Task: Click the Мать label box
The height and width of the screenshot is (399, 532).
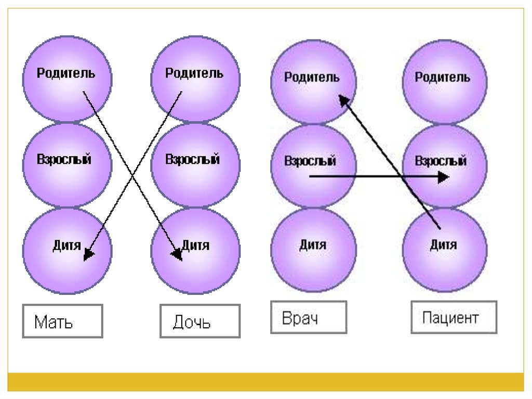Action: [62, 321]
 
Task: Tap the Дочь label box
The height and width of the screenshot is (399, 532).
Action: [200, 321]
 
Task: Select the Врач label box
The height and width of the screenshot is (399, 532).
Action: [308, 317]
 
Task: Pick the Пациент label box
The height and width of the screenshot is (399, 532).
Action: [454, 317]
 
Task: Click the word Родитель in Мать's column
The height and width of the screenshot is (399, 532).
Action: [66, 73]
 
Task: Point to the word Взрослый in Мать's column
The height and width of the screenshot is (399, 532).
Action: [64, 159]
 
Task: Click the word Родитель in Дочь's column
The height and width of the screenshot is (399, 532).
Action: [194, 73]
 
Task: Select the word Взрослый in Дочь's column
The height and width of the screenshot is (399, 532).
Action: [193, 159]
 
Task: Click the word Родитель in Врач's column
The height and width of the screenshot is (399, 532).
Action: [312, 78]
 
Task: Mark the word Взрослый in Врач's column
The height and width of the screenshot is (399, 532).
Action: [311, 161]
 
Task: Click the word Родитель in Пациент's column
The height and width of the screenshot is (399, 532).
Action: [443, 78]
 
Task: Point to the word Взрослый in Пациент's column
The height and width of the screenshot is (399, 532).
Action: [441, 161]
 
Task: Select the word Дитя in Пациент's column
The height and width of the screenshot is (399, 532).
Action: [444, 244]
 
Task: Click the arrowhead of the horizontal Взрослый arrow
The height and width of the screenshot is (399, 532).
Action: [443, 177]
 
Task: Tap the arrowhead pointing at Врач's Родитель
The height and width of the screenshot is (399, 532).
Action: [343, 100]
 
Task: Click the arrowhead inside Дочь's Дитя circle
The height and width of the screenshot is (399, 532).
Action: [177, 254]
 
